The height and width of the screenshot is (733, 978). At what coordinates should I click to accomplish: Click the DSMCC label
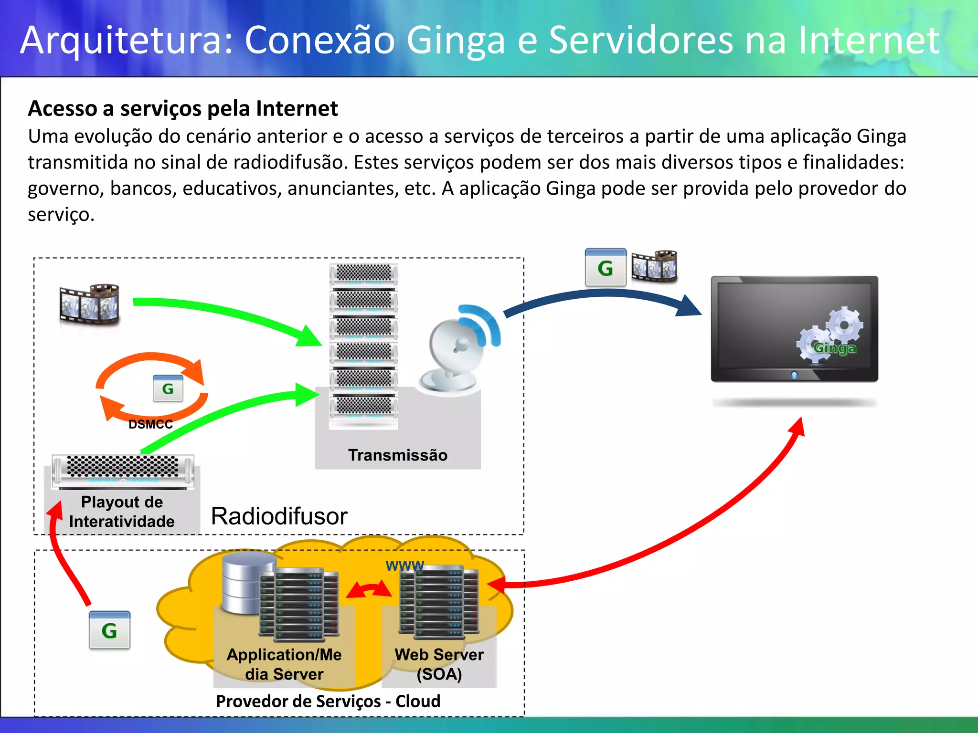[150, 424]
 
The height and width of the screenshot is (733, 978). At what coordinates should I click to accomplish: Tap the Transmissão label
[398, 455]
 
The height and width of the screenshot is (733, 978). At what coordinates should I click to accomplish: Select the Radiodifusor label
[279, 516]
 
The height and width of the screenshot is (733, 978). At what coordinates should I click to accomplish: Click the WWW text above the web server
[404, 566]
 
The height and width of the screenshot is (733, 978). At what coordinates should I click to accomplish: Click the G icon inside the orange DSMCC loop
[168, 389]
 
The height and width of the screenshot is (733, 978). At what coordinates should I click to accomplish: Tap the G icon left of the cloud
[109, 630]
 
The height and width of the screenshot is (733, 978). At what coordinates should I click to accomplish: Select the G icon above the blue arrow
[606, 268]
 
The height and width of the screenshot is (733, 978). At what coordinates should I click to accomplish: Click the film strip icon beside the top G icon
[654, 266]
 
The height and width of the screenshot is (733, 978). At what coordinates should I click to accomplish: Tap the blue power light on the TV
[794, 375]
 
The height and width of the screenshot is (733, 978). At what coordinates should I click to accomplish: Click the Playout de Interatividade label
[122, 512]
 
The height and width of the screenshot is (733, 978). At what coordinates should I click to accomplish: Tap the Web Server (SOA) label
[439, 664]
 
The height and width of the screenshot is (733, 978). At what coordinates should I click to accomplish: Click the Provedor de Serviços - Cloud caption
[328, 702]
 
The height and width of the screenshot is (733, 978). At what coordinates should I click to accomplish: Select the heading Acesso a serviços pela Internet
[183, 108]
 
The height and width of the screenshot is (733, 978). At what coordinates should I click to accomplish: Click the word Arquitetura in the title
[127, 40]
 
